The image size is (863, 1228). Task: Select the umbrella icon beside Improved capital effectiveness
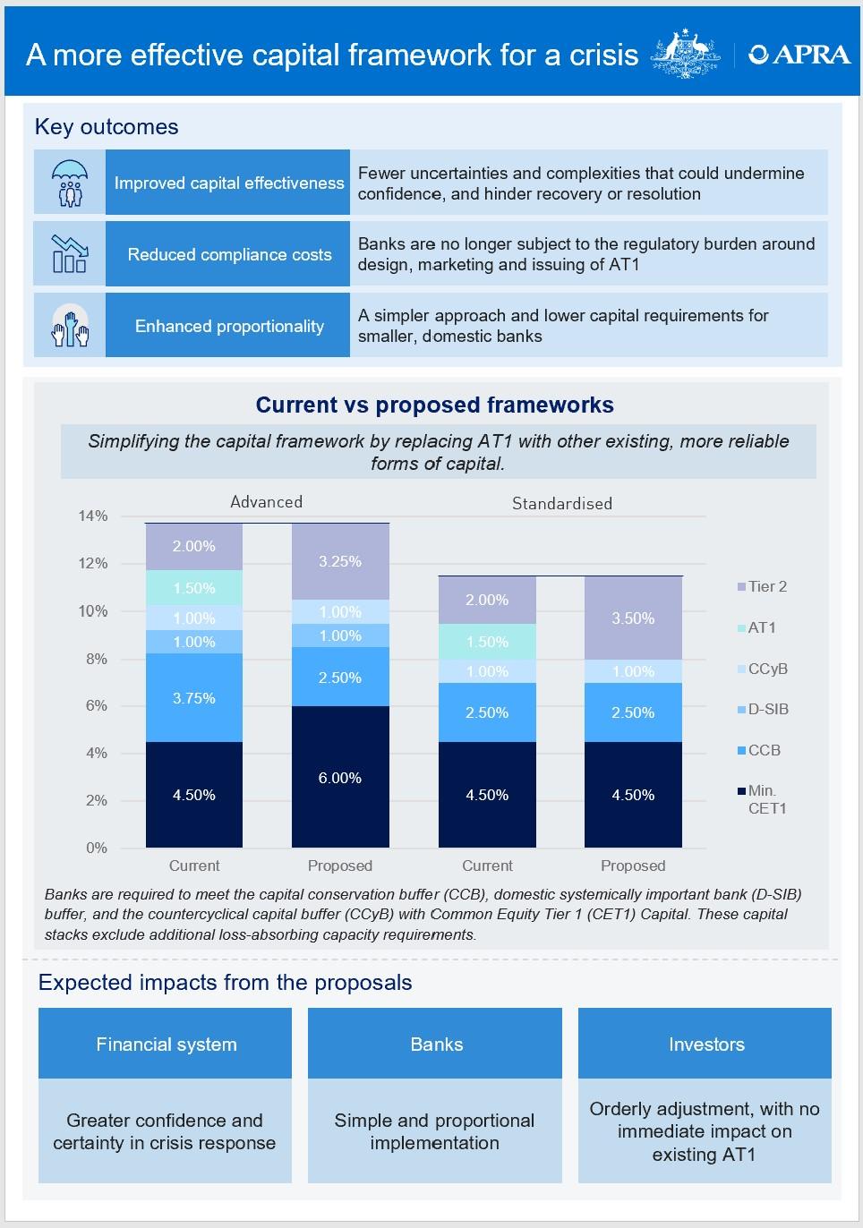tap(70, 183)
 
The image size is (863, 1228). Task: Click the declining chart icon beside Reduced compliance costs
tap(70, 254)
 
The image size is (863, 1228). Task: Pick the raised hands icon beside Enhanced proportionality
tap(70, 326)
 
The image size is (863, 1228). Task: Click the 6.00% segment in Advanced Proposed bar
tap(340, 777)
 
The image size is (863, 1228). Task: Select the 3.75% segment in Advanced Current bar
tap(194, 697)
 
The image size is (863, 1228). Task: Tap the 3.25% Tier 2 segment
tap(340, 561)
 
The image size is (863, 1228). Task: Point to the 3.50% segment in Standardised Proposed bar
tap(633, 618)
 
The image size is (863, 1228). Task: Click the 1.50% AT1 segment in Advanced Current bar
tap(194, 588)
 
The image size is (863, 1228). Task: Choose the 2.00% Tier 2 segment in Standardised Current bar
tap(487, 600)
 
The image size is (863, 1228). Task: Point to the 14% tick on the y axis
tap(93, 516)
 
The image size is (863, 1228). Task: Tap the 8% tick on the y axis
tap(96, 659)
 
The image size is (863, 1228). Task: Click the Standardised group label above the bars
tap(562, 503)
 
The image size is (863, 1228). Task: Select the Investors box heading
tap(705, 1045)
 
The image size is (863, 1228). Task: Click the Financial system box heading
tap(167, 1045)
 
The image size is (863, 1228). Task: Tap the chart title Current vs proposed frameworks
tap(435, 405)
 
